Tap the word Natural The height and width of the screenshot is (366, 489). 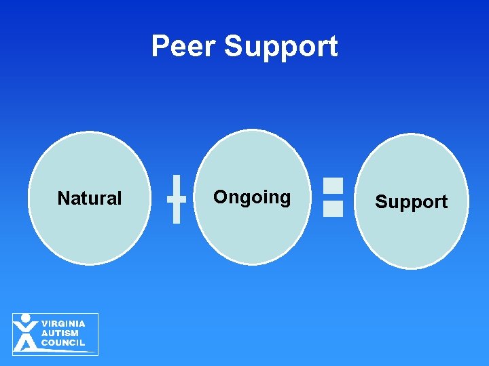[90, 199]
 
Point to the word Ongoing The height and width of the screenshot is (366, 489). [252, 197]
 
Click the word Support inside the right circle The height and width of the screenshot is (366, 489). [412, 202]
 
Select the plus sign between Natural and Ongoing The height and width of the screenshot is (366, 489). [176, 199]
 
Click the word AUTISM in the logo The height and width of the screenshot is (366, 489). [60, 333]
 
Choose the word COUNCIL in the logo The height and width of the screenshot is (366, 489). [63, 342]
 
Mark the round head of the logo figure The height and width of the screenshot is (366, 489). [26, 317]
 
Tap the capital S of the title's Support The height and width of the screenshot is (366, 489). [233, 47]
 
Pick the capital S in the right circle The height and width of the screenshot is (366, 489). [381, 202]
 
